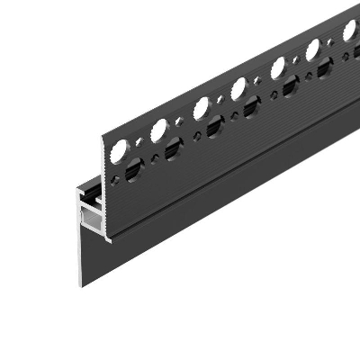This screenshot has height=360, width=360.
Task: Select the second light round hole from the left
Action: (158, 130)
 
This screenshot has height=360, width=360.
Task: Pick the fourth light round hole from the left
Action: (238, 88)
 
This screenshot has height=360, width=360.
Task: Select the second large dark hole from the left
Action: (174, 149)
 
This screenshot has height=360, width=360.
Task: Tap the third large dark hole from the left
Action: (214, 128)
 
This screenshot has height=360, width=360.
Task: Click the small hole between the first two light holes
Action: (139, 141)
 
